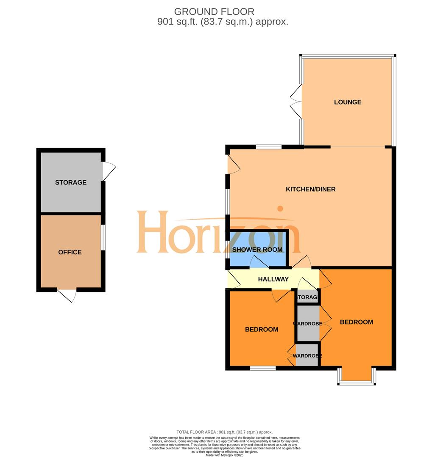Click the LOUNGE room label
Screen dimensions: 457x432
point(347,102)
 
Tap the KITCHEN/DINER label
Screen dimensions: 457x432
point(310,189)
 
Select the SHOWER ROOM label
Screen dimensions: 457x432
point(257,250)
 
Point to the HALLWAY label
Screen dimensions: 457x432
point(273,279)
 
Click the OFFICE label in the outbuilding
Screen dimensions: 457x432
point(70,252)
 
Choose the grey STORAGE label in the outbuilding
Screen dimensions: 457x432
point(71,182)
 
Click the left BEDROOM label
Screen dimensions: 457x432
point(262,329)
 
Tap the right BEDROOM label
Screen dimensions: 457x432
point(356,322)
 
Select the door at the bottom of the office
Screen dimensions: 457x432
point(67,295)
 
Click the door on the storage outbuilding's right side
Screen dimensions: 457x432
point(109,171)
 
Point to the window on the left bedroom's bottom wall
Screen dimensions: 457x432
point(263,369)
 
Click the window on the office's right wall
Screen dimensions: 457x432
point(103,237)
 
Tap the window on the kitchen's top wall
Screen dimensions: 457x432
point(269,147)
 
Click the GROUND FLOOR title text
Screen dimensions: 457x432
point(214,12)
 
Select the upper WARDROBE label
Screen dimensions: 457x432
point(307,324)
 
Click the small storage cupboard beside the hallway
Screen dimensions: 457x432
point(308,297)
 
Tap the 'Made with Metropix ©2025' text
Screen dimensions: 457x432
point(225,455)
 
